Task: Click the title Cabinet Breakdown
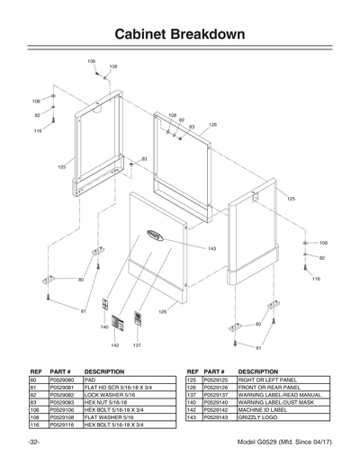point(180,33)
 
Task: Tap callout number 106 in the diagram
point(91,60)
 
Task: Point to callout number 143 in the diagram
point(211,248)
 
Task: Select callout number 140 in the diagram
point(103,327)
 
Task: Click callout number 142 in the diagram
point(115,345)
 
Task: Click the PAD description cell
point(90,380)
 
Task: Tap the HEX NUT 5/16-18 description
point(105,402)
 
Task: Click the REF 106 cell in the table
point(36,409)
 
